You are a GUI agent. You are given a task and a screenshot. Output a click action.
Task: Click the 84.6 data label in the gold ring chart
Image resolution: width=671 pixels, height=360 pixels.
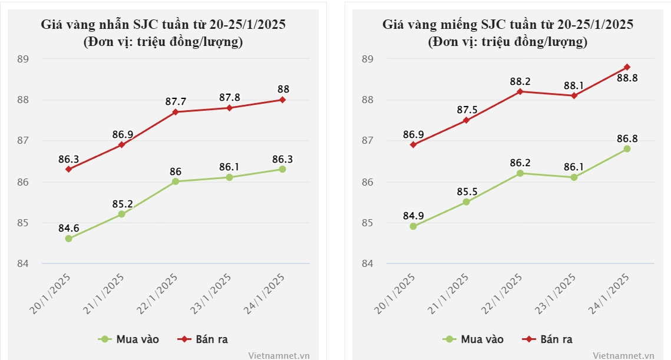point(68,227)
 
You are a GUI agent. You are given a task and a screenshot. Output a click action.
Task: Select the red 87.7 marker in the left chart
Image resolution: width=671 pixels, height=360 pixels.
point(176,112)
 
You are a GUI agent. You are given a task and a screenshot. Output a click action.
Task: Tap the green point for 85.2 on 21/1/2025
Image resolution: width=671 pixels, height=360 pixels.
point(121,214)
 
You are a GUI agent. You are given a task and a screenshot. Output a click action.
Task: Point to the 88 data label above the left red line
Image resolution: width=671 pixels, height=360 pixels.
point(283,90)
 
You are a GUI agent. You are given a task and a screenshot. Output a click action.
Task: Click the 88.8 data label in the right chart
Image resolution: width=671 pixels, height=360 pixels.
point(627,78)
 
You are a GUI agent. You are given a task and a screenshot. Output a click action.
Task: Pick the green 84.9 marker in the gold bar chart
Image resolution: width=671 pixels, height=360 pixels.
point(413,226)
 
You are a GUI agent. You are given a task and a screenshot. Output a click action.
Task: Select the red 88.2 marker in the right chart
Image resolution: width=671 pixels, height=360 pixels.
point(520,91)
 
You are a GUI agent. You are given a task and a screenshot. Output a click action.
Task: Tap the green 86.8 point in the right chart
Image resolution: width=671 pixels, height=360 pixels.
point(627,149)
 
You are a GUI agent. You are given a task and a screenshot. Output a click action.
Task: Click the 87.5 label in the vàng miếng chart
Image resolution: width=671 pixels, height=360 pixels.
point(466,109)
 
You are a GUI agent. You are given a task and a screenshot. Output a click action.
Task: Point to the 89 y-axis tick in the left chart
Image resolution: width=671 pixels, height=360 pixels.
point(23,59)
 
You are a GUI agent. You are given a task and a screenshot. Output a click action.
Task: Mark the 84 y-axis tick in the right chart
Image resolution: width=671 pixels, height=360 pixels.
point(368,263)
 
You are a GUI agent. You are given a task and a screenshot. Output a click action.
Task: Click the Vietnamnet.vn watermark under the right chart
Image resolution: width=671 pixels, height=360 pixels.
point(623,355)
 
